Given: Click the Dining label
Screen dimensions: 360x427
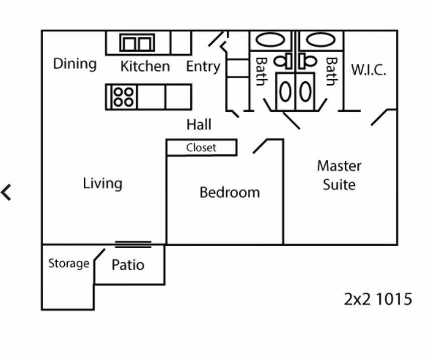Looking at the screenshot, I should [75, 64].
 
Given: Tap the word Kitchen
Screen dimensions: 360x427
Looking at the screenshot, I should [145, 66].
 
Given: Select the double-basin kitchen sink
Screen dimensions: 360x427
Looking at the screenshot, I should [136, 43].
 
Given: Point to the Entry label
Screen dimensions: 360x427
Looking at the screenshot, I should [203, 66].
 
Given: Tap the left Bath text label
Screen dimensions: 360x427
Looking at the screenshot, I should [261, 71].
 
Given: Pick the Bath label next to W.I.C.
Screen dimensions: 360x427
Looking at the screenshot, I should [331, 71].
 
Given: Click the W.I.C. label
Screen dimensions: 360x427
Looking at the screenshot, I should [369, 70].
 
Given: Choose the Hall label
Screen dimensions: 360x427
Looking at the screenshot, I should [199, 124].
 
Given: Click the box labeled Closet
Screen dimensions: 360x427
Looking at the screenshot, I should [201, 148].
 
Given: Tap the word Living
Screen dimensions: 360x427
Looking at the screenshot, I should [102, 184].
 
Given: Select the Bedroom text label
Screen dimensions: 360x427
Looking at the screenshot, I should [229, 192].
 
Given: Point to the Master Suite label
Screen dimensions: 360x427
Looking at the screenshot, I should [339, 175].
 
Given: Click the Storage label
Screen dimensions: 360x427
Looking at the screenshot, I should [69, 263].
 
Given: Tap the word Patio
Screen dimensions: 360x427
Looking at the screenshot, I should [127, 265].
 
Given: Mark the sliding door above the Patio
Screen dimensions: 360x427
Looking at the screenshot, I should [133, 244].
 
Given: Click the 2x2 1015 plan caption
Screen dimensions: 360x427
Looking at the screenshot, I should [378, 299].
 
